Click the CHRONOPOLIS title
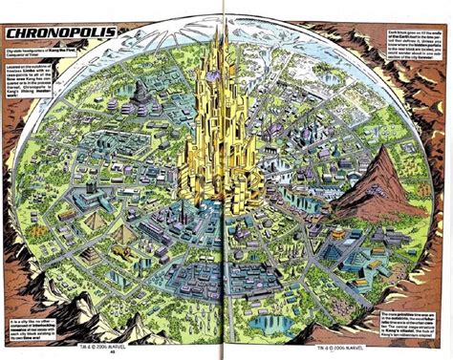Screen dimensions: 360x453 pos(60,34)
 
